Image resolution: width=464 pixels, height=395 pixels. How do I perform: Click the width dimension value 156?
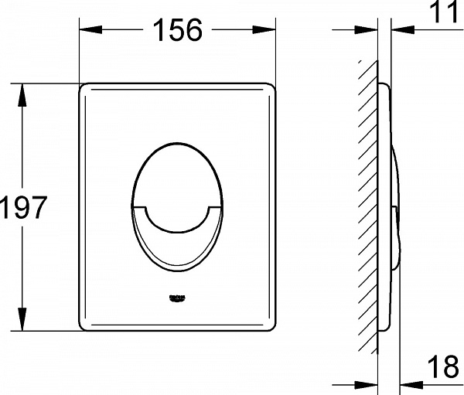tap(177, 30)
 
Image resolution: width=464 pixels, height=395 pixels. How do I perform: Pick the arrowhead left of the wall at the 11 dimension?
tap(370, 30)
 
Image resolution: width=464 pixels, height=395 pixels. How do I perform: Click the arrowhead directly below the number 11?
tap(401, 30)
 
